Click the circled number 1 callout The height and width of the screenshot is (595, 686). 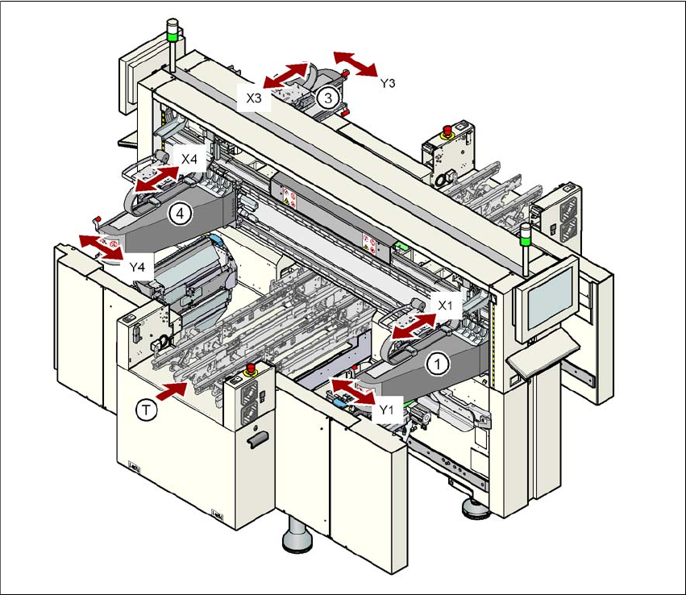437,364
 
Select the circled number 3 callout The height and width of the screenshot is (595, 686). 326,98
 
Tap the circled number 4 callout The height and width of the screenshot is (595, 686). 180,214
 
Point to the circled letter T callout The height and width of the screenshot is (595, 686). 147,410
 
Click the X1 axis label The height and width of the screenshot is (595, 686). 449,305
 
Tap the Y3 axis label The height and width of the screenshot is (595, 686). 387,81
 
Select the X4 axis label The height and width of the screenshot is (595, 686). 189,159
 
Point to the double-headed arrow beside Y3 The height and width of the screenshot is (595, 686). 355,63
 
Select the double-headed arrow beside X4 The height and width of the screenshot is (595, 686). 156,179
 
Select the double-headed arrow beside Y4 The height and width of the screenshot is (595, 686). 102,245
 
